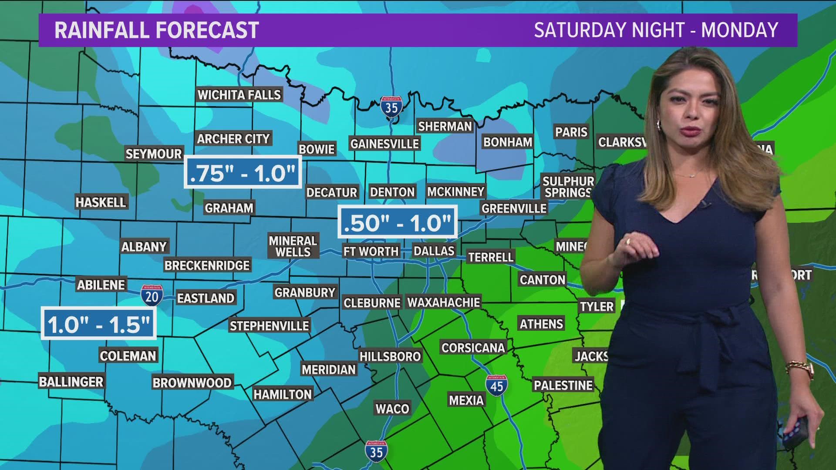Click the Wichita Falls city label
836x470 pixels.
click(239, 95)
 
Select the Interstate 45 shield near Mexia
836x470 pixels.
click(496, 385)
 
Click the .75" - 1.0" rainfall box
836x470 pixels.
click(243, 172)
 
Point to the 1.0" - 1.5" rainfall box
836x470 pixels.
click(98, 323)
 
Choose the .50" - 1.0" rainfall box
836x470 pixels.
click(397, 222)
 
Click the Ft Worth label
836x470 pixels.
click(371, 251)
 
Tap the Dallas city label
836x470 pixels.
click(434, 251)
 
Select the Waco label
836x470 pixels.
click(392, 409)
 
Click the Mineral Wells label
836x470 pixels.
click(293, 246)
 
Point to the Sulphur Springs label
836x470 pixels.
click(568, 187)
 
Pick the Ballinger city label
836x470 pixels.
click(71, 382)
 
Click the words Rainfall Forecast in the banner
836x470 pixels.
click(157, 30)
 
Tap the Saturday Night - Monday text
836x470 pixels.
click(656, 30)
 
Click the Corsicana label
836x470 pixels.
click(473, 348)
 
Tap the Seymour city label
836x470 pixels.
click(153, 154)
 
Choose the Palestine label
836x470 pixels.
click(563, 385)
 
